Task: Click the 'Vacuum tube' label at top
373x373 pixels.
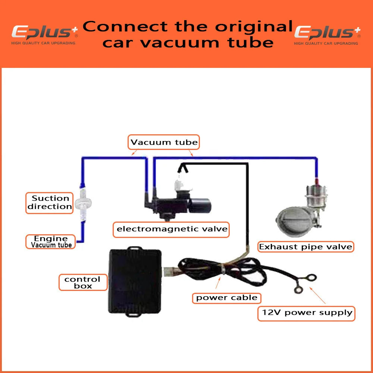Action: coord(164,142)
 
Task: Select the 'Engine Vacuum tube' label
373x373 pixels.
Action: coord(51,241)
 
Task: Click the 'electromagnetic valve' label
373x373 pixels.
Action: coord(172,229)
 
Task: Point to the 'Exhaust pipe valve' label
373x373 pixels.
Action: coord(305,247)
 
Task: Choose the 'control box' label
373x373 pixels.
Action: coord(82,282)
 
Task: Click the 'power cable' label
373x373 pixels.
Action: coord(227,298)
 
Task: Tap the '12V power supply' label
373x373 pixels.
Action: coord(306,313)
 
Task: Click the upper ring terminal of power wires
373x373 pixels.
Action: coord(310,277)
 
